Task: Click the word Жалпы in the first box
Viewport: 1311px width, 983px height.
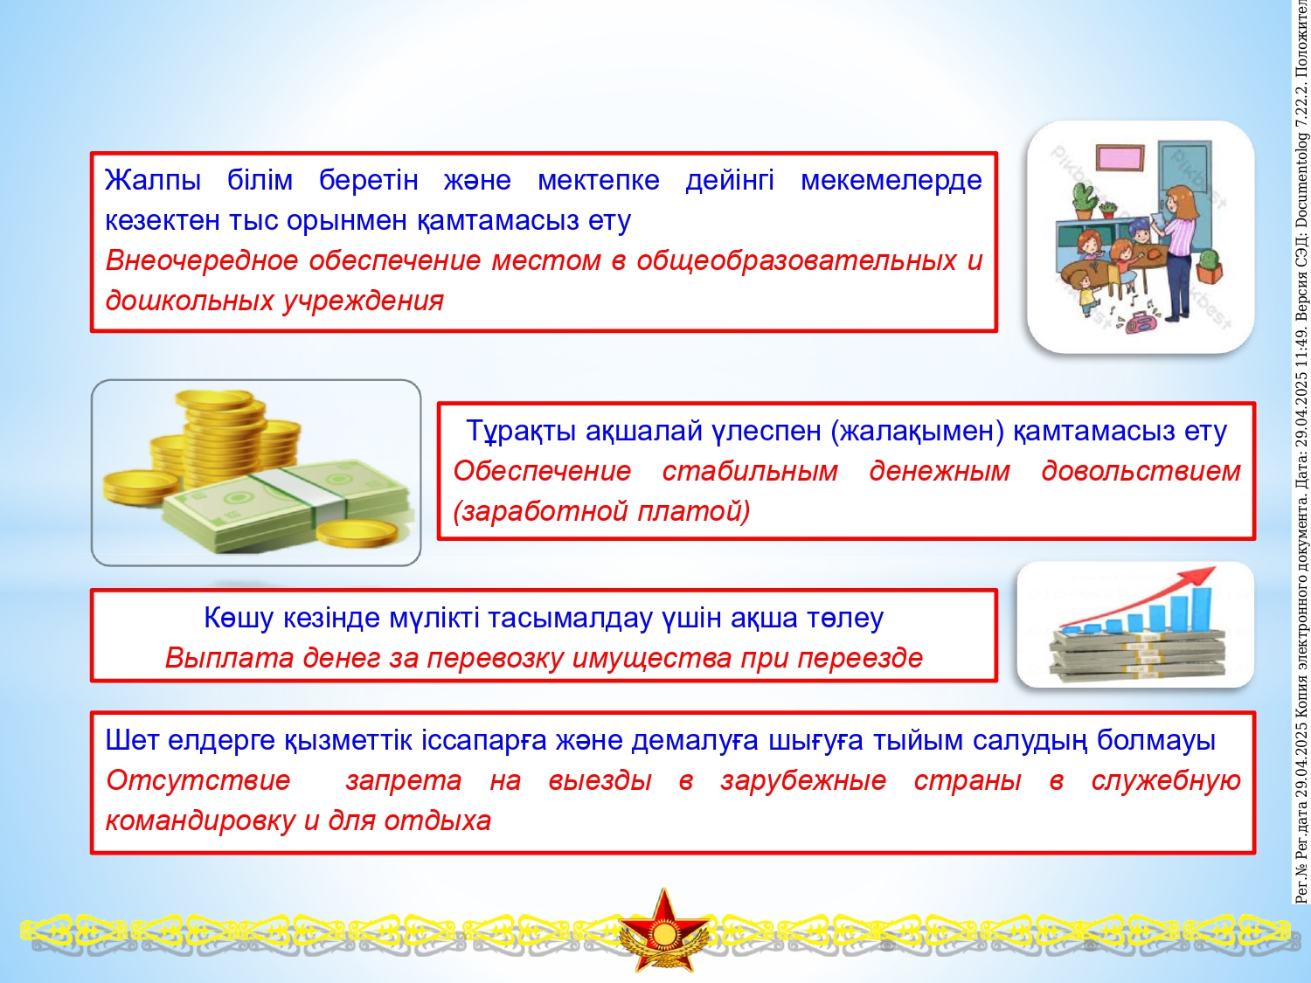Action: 153,181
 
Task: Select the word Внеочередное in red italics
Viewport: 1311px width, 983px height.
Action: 202,261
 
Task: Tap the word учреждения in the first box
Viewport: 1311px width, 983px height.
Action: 363,301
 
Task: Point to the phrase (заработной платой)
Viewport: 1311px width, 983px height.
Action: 601,511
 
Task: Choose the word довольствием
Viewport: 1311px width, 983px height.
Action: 1141,472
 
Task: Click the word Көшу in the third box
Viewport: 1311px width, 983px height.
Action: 239,619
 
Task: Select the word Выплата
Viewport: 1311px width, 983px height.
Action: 229,658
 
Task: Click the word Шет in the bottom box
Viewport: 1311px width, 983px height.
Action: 132,741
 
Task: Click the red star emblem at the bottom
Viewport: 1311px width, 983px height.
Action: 663,931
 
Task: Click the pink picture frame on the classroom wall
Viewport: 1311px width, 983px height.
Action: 1120,157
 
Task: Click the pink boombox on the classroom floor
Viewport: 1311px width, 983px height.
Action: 1141,322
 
